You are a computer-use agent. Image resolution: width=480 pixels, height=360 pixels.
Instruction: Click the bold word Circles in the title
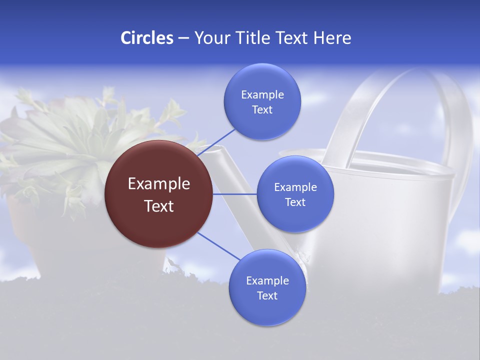click(x=147, y=38)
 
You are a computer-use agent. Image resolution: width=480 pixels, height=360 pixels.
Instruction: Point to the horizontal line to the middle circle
click(x=234, y=194)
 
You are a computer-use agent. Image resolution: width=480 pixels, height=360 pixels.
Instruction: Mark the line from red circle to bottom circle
click(x=219, y=246)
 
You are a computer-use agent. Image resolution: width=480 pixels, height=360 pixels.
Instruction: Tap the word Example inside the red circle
click(x=158, y=184)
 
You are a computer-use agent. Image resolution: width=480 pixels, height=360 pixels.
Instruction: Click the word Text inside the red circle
click(x=158, y=206)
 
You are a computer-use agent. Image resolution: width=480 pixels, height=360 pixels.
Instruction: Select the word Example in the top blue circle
click(x=262, y=95)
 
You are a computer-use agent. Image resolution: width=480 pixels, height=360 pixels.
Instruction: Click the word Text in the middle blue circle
click(x=295, y=202)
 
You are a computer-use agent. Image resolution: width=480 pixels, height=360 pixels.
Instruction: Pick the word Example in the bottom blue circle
click(x=267, y=281)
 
